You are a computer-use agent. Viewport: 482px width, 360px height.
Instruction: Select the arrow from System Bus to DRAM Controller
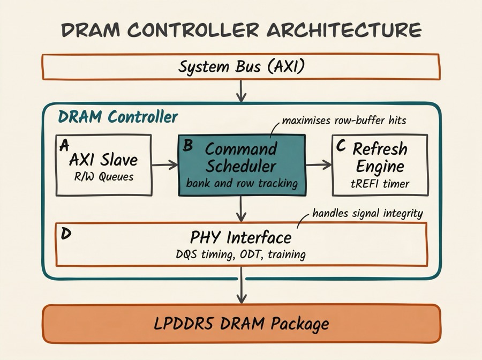pyautogui.click(x=241, y=91)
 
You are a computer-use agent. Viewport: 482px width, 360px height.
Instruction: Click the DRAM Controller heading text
pyautogui.click(x=117, y=117)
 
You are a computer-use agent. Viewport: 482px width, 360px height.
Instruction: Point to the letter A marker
pyautogui.click(x=65, y=145)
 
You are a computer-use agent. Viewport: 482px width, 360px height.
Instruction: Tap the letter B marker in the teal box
pyautogui.click(x=189, y=145)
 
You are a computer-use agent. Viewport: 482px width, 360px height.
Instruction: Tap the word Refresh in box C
pyautogui.click(x=380, y=148)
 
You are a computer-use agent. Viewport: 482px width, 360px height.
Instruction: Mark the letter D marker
pyautogui.click(x=66, y=234)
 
